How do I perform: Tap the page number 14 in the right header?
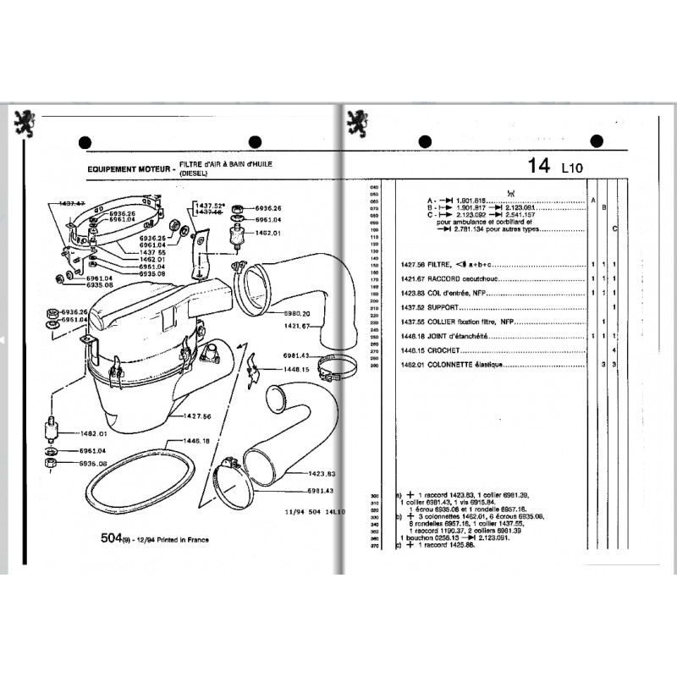539,165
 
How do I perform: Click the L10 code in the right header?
573,168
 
